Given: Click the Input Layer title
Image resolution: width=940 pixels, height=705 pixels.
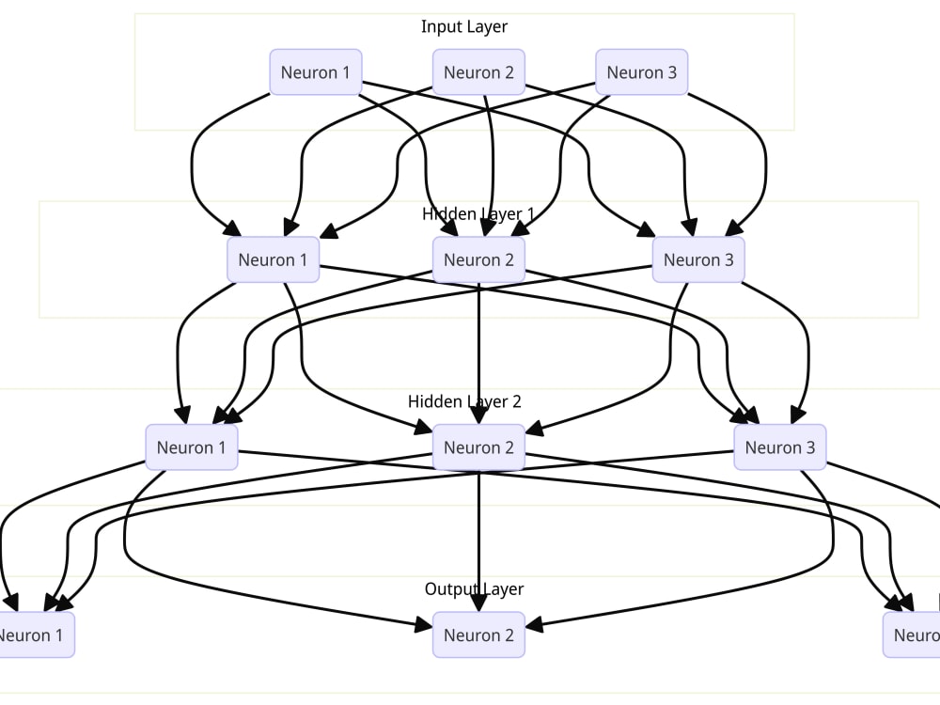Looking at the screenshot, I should pos(464,26).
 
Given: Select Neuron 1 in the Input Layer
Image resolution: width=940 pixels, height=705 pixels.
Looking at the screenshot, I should pos(315,72).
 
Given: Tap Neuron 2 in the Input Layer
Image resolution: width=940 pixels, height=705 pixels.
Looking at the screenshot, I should pos(478,72).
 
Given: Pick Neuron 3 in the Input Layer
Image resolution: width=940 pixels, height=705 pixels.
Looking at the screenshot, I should pos(641,72).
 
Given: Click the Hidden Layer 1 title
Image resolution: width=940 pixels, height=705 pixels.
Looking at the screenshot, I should pos(478,214).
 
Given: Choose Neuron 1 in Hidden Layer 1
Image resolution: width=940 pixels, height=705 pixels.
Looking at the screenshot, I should pos(273,259).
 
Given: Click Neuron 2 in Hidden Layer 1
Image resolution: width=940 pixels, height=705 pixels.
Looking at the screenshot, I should pos(478,259).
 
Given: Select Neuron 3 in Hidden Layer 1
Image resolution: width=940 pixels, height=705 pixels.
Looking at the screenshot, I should pos(698,259).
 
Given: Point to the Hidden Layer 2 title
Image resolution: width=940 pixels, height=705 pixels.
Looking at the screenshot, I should pos(464,401).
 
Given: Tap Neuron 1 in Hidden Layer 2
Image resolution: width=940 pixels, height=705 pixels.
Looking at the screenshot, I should pos(192,447).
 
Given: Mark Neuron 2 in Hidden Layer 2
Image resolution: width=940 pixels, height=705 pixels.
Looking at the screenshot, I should pos(478,447).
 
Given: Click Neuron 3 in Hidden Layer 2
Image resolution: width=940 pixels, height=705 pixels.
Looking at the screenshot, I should pos(780,447).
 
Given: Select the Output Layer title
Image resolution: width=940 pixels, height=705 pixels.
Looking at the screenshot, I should pos(474,589).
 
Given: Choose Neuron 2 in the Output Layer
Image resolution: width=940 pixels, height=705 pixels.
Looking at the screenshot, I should pos(478,635).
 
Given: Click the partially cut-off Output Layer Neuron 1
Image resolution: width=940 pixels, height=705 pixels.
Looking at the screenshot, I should pos(34,635).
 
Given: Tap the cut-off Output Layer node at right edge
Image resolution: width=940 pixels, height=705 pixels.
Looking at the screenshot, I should pos(914,635).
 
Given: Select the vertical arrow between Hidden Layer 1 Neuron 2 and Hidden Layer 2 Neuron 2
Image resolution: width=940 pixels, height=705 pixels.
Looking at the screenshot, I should pos(479,348).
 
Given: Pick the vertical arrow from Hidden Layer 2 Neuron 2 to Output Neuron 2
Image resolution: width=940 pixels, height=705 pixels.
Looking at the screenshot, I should pos(479,536).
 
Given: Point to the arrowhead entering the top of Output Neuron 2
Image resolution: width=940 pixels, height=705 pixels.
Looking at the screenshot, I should pos(479,603).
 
